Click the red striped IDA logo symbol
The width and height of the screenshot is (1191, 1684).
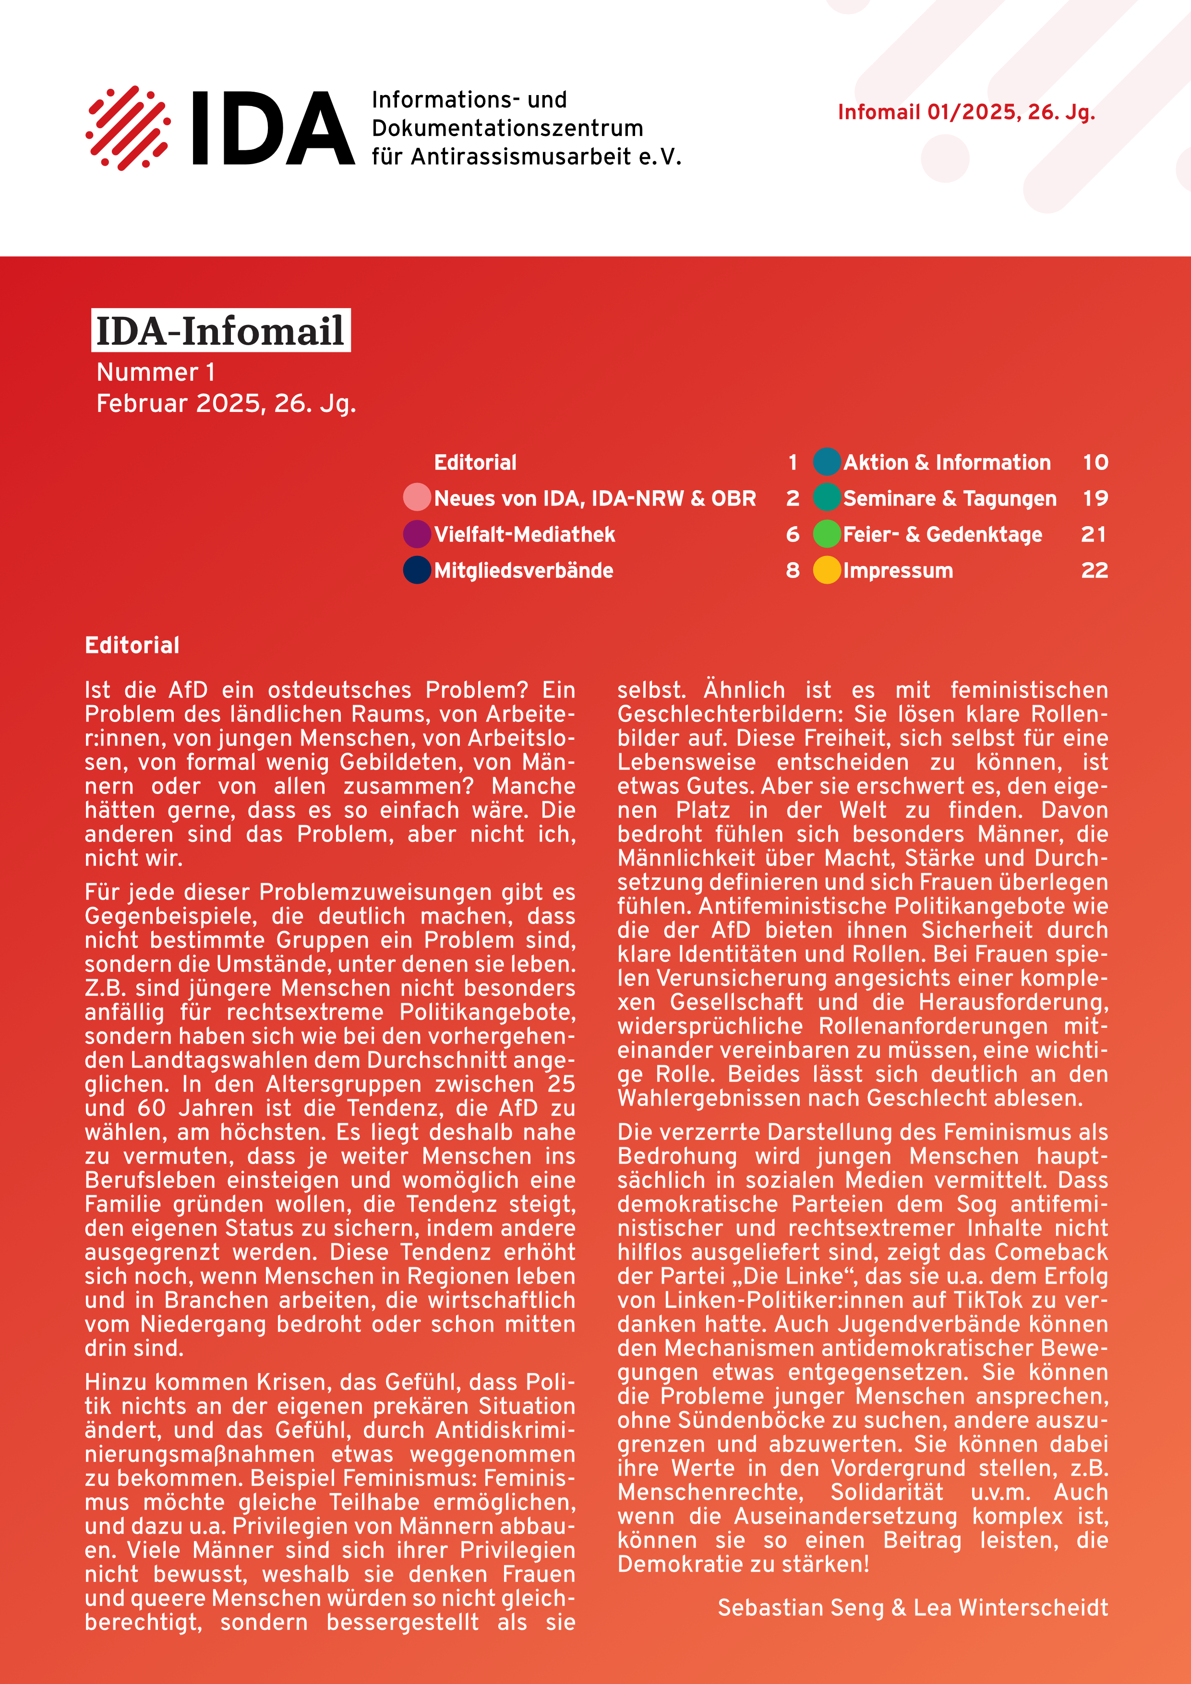(x=128, y=128)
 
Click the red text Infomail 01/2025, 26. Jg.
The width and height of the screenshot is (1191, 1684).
(x=966, y=112)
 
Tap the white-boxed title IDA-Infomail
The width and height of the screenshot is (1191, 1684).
(x=220, y=331)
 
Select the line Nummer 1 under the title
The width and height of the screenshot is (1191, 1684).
(x=156, y=373)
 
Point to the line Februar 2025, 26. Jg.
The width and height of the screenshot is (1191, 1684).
(x=226, y=403)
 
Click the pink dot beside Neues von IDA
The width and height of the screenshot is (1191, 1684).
(x=417, y=497)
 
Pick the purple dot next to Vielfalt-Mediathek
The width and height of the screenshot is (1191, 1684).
(x=417, y=534)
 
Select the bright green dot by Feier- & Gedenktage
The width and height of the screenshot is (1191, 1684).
(x=827, y=534)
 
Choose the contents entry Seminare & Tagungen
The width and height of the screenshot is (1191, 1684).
(x=950, y=499)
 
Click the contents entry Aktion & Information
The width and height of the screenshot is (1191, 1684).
(x=947, y=463)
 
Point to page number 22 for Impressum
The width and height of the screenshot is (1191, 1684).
(x=1094, y=571)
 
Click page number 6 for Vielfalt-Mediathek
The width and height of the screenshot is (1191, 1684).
(x=792, y=535)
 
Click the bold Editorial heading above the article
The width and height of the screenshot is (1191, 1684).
(x=132, y=646)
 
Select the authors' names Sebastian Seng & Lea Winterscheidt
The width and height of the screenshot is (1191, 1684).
(x=912, y=1608)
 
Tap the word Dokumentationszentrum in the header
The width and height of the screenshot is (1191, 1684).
(x=507, y=128)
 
